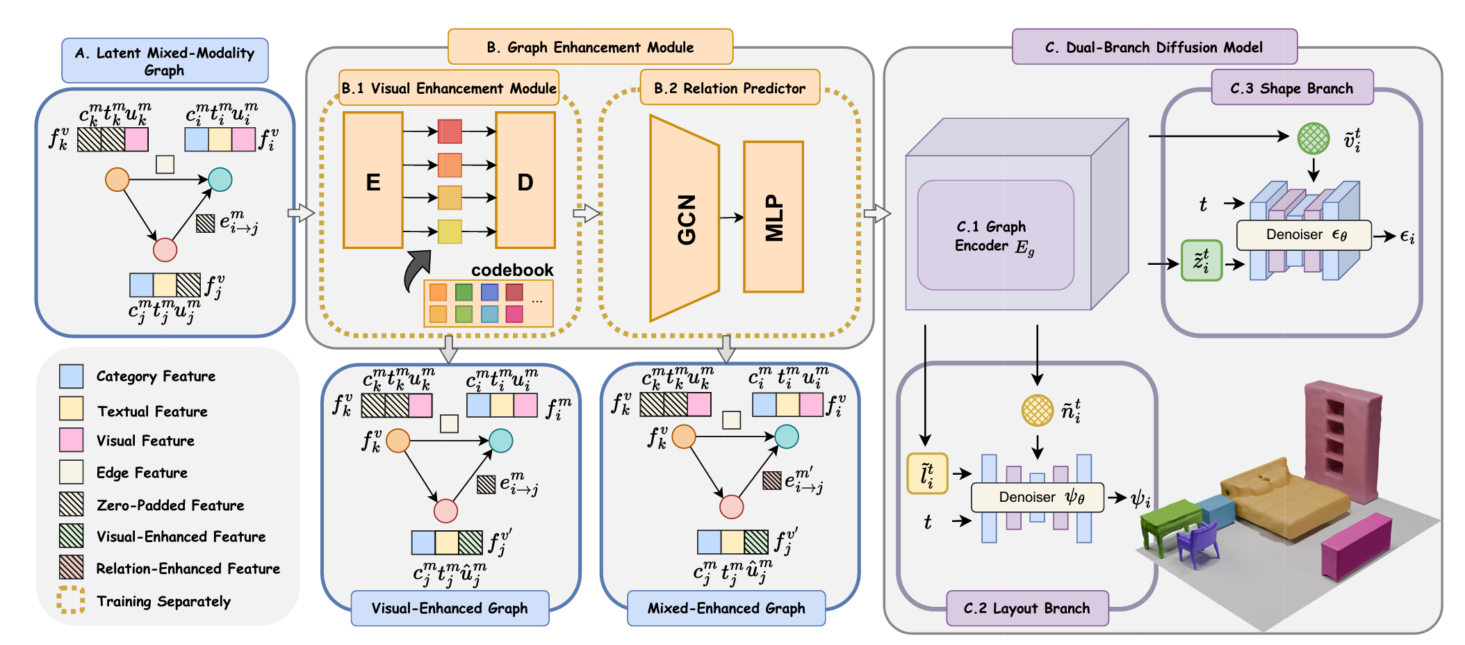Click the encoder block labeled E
pos(373,181)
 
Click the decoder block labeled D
pos(525,181)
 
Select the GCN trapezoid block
pos(685,219)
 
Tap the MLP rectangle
pos(774,217)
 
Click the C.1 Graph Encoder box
pos(995,236)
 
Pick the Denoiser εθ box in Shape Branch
pos(1304,235)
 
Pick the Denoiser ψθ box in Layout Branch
pos(1037,497)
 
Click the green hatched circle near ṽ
pos(1313,138)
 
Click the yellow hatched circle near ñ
pos(1037,410)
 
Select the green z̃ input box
pos(1202,261)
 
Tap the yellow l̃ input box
pos(927,474)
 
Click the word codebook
pos(512,270)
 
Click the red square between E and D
pos(450,131)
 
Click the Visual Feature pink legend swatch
pos(72,440)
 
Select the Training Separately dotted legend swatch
pos(72,600)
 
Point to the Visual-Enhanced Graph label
pos(450,608)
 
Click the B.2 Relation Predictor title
pos(730,88)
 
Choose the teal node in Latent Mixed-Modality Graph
pos(220,179)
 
